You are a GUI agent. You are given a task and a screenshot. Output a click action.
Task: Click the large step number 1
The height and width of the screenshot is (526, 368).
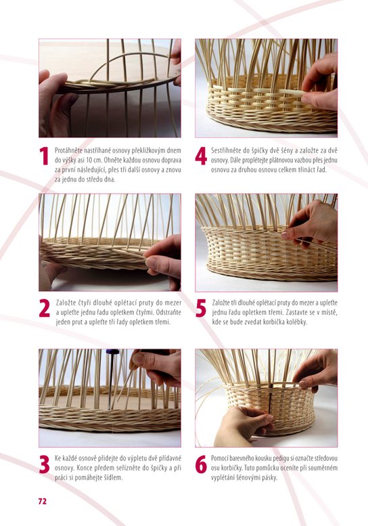pyautogui.click(x=44, y=156)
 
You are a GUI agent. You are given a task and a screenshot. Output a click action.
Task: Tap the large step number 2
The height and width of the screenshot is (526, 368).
pyautogui.click(x=45, y=308)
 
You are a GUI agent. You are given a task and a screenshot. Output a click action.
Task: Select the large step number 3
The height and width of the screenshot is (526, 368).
pyautogui.click(x=45, y=464)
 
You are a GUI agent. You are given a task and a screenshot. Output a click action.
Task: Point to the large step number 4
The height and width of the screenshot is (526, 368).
pyautogui.click(x=201, y=156)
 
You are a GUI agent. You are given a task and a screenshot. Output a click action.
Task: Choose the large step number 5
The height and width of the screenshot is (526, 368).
pyautogui.click(x=201, y=308)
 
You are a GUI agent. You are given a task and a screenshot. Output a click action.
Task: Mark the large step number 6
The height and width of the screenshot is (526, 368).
pyautogui.click(x=201, y=464)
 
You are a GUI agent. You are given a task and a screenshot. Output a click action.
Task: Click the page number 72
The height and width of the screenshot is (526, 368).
pyautogui.click(x=42, y=501)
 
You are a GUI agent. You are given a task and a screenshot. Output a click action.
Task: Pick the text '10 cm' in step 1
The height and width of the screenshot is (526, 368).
pyautogui.click(x=95, y=160)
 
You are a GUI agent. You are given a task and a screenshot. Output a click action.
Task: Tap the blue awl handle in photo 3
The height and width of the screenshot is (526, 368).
pyautogui.click(x=112, y=352)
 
